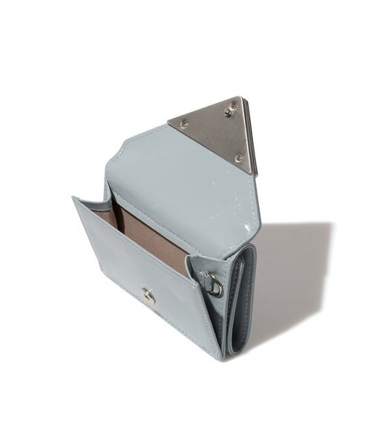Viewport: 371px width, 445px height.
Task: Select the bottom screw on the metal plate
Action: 238,156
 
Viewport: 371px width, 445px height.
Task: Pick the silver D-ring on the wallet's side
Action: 214,285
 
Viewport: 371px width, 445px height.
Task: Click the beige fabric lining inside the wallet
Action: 141,230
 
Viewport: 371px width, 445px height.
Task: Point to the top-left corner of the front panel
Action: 74,198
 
